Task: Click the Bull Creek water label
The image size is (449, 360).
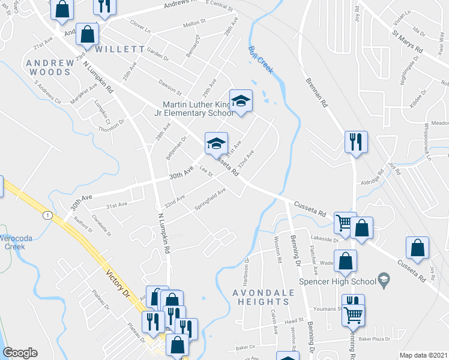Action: (x=261, y=60)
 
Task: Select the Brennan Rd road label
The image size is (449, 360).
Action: (x=317, y=93)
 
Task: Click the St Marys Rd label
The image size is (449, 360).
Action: (x=409, y=42)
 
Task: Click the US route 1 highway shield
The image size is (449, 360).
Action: (x=46, y=215)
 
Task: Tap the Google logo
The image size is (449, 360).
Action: (x=20, y=353)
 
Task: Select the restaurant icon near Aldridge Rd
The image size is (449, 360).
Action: (x=355, y=142)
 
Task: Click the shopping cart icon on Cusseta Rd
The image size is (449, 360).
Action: (x=345, y=223)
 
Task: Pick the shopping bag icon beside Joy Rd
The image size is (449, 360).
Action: (x=417, y=247)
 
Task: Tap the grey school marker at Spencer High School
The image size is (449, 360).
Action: (x=382, y=280)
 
